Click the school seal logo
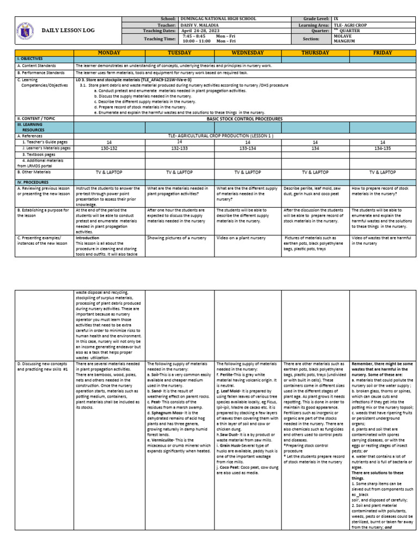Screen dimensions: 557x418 [x=22, y=30]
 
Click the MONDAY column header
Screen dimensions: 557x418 [x=109, y=53]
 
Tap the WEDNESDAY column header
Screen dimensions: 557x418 [x=248, y=53]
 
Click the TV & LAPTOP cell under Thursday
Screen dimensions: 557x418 [x=315, y=172]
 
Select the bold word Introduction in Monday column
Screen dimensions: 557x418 [x=88, y=238]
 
